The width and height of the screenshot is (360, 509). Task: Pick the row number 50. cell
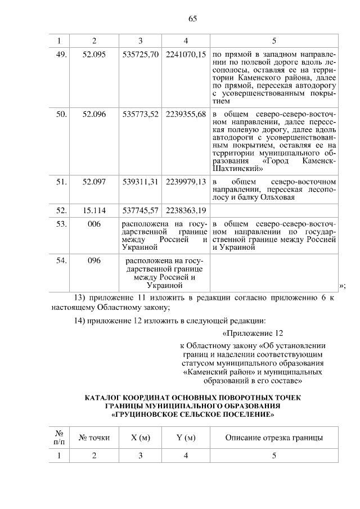(61, 114)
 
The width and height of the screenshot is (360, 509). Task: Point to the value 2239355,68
(186, 114)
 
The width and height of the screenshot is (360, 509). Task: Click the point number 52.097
(94, 182)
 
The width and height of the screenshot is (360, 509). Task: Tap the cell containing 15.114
(94, 210)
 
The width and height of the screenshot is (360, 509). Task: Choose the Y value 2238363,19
(186, 210)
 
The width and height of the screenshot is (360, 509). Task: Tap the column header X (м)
(140, 438)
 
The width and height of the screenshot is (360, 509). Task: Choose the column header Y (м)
(186, 438)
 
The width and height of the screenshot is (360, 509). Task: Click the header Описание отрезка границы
(274, 438)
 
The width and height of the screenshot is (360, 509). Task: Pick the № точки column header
(94, 438)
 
